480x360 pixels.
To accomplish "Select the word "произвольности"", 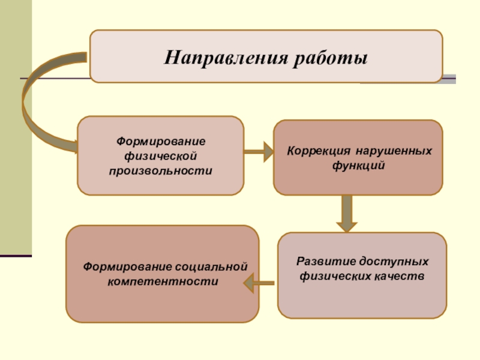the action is pos(161,170).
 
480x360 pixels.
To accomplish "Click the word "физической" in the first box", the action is pos(161,156).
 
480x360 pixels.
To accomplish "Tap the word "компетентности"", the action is pos(162,280).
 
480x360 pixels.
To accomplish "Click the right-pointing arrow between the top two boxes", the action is pos(258,153).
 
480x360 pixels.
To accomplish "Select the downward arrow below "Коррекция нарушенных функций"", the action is pos(346,214).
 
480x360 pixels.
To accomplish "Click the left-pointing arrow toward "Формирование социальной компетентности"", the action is pos(261,281).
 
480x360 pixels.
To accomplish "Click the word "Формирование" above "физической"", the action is pos(161,142).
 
